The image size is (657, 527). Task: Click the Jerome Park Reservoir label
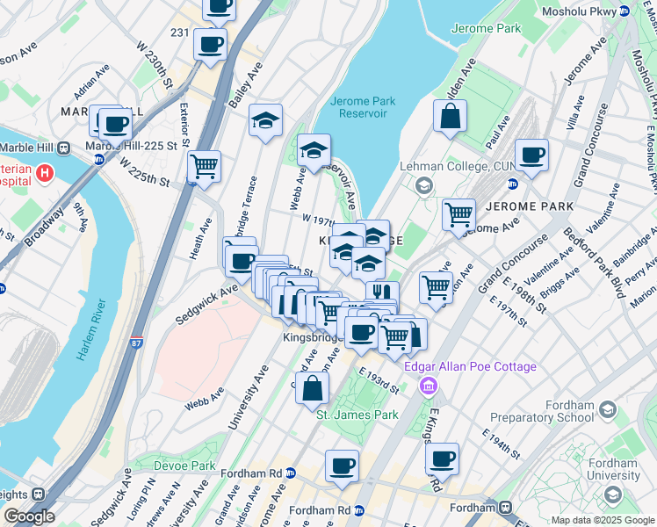[363, 107]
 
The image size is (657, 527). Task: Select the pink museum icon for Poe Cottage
[428, 385]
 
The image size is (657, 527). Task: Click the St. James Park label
[357, 415]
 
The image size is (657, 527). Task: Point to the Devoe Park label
[184, 465]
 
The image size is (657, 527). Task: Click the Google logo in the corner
[28, 516]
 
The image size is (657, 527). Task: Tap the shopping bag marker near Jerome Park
[450, 117]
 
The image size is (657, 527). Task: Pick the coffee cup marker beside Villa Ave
[531, 155]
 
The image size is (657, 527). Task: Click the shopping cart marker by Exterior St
[204, 167]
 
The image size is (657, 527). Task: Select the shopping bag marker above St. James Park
[312, 386]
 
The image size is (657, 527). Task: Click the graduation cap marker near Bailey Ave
[265, 120]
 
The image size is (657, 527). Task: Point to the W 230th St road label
[153, 60]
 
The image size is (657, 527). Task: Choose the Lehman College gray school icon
[424, 185]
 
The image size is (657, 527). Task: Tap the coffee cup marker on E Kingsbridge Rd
[442, 458]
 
